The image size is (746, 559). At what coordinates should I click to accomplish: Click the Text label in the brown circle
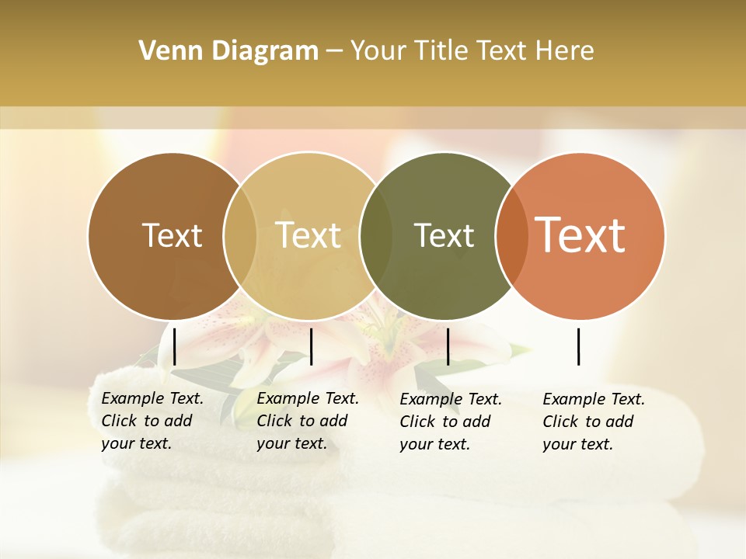(172, 235)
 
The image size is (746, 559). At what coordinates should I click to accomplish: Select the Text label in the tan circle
(309, 235)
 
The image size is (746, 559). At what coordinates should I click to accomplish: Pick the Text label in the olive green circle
(444, 235)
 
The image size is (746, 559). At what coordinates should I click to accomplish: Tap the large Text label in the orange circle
(580, 235)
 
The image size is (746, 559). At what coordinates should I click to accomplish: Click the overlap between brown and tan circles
(240, 235)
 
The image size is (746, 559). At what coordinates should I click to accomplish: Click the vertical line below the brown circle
(174, 346)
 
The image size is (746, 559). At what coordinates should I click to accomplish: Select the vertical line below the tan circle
(311, 346)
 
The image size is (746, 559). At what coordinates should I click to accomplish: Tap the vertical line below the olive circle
(448, 346)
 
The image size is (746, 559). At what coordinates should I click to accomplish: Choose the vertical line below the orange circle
(578, 346)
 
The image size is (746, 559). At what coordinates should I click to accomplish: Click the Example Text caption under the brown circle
(152, 421)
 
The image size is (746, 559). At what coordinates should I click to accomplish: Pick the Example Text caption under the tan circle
(308, 421)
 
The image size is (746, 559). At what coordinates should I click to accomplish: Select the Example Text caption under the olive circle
(451, 422)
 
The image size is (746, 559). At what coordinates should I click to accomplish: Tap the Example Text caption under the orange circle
(594, 422)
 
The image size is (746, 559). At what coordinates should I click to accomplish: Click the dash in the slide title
(334, 51)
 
